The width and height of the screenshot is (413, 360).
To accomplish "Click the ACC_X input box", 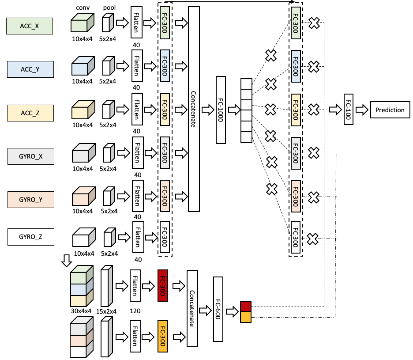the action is tap(30, 26).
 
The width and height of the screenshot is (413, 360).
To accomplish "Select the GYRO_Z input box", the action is tap(31, 237).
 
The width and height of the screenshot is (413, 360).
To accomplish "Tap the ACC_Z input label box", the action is tap(30, 113).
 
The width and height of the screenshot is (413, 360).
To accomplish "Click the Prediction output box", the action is tap(390, 110).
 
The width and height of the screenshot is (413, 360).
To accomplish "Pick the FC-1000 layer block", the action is tap(221, 110).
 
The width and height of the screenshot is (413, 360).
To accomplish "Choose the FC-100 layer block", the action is tap(349, 109).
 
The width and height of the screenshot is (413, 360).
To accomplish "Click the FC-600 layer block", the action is tap(218, 309).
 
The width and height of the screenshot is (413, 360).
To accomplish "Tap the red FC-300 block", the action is tap(163, 285).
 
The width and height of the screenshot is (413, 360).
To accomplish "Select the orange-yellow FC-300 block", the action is tap(163, 336).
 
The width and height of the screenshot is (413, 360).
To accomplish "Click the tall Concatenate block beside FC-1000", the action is tap(194, 109).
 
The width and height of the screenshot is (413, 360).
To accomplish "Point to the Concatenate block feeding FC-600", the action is tap(192, 308).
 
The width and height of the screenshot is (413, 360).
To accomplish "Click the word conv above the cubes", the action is tap(83, 8).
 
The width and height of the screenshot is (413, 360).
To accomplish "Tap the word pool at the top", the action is tap(109, 8).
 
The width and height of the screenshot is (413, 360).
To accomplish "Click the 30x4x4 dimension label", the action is tap(81, 311).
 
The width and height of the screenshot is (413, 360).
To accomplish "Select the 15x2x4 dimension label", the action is tap(106, 311).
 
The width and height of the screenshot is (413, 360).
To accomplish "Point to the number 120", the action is tap(135, 311).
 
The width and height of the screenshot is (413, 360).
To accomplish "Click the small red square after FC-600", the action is tap(246, 306).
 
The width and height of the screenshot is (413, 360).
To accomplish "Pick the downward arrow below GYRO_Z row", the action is tap(67, 261).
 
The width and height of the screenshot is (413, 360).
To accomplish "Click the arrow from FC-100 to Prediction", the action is tap(362, 110).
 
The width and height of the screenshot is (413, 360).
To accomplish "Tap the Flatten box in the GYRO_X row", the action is tap(138, 152).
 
